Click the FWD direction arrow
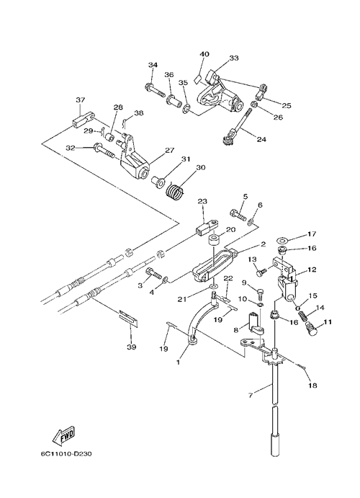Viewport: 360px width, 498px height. coord(63,435)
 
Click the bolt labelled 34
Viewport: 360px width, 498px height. coord(155,90)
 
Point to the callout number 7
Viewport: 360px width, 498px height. coord(251,396)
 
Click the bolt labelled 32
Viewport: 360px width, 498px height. coord(104,151)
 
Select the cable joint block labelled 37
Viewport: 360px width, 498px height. coord(83,120)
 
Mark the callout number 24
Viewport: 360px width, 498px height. coord(261,139)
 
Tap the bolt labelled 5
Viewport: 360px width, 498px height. coord(238,215)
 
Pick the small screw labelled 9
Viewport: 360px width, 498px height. coord(260,294)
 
